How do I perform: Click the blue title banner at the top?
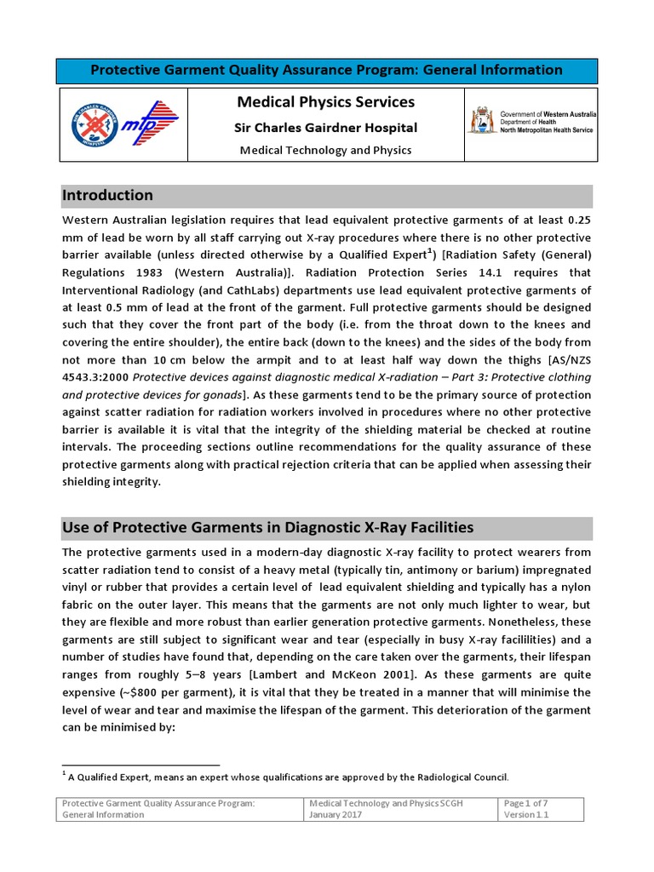tap(326, 71)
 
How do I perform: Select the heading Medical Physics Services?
tap(326, 102)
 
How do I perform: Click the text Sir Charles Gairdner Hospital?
tap(326, 128)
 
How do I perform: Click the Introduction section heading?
tap(107, 195)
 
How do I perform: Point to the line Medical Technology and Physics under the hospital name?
tap(326, 150)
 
